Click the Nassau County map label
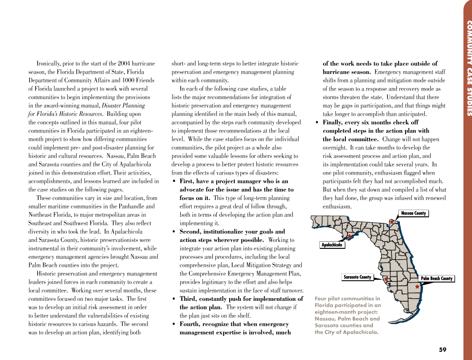coord(413,213)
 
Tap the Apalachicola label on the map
coord(332,245)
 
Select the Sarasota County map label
coord(357,277)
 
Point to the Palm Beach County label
coord(436,278)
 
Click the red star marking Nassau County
coord(391,222)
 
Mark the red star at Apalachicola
coord(349,236)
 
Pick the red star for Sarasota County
coord(386,279)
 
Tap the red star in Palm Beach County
coord(417,286)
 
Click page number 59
coord(442,350)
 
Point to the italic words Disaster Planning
coord(124,106)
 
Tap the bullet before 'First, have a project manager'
coord(174,182)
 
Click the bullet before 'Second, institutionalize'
coord(174,232)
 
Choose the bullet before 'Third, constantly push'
coord(174,299)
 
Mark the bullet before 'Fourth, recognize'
coord(174,324)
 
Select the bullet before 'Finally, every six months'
coord(317,123)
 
